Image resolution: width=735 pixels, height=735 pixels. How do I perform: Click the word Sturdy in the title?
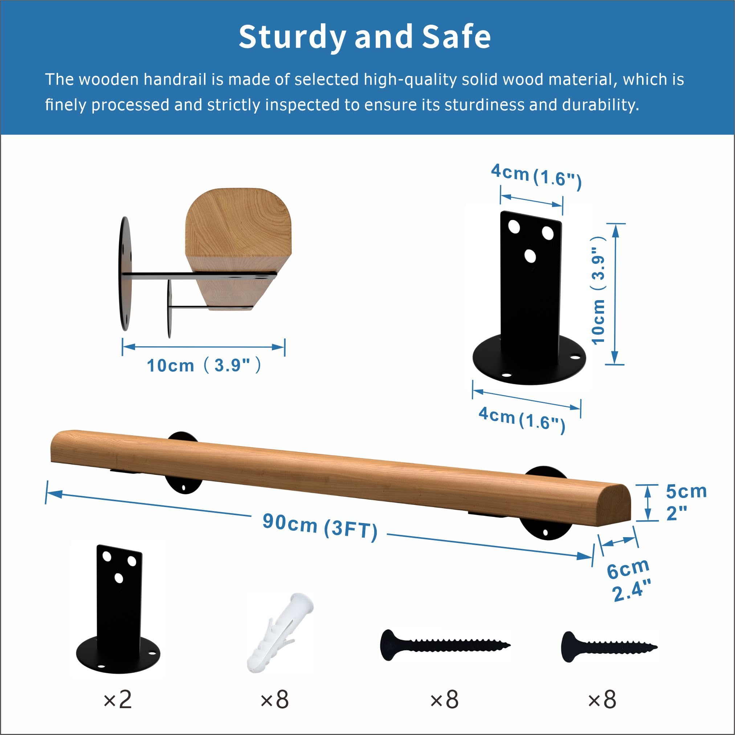coord(292,37)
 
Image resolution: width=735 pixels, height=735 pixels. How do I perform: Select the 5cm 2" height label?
coord(686,503)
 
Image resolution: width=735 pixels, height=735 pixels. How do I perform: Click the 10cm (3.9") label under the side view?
coord(204,365)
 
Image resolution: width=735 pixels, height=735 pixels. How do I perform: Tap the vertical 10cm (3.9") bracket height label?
coord(599,291)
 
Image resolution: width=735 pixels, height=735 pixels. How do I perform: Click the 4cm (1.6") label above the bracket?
coord(536,175)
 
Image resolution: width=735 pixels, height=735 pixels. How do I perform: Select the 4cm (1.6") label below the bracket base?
coord(522,418)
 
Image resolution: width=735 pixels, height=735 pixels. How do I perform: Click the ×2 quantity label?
coord(118,699)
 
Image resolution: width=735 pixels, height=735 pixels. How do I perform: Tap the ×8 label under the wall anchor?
coord(275,699)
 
